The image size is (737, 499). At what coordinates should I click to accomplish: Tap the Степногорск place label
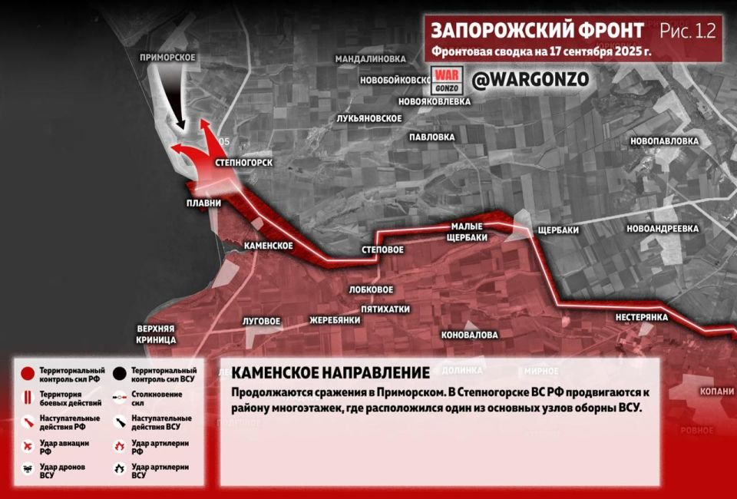click(244, 163)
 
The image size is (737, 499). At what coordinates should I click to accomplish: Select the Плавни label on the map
click(203, 203)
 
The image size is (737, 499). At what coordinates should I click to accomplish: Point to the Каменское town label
click(268, 246)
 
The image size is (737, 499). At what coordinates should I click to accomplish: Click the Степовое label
click(382, 250)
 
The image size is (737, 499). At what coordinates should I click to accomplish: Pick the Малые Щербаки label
click(468, 231)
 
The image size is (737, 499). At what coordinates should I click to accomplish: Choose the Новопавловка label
click(664, 141)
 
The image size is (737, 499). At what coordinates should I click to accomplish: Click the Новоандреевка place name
click(662, 229)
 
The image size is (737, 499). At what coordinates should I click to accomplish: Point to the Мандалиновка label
click(370, 58)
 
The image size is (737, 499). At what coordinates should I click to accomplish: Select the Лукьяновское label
click(369, 118)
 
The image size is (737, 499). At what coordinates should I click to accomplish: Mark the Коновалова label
click(469, 335)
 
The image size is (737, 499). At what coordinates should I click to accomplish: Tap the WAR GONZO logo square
click(445, 80)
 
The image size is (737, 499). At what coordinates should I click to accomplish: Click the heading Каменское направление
click(330, 373)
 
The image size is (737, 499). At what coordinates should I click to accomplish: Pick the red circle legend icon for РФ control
click(27, 374)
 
